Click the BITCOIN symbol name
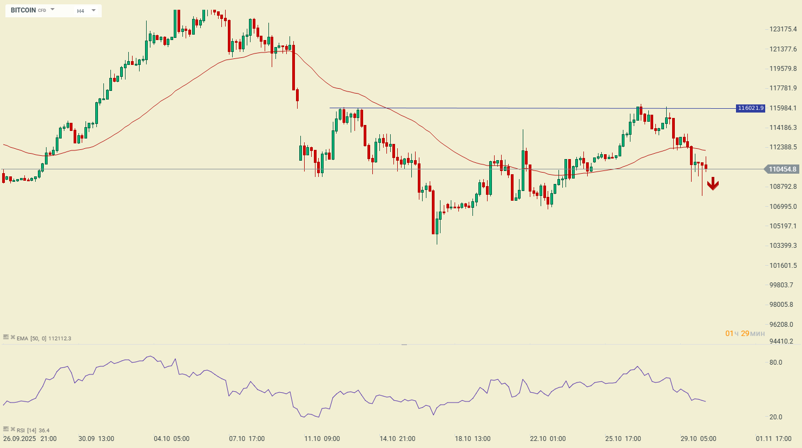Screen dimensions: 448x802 pos(23,10)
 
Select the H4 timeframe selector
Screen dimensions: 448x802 pos(81,11)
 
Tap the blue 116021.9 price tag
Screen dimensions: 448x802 pos(751,108)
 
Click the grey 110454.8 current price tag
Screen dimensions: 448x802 pos(783,169)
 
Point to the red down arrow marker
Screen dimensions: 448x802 pos(713,184)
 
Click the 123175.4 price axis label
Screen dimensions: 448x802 pos(783,29)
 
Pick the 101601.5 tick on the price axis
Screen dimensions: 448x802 pos(783,266)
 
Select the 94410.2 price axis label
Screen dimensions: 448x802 pos(781,341)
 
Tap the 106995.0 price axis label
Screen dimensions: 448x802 pos(783,207)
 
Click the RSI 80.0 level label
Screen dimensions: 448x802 pos(775,363)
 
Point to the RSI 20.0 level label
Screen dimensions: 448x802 pos(775,417)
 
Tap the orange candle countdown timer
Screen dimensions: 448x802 pos(745,333)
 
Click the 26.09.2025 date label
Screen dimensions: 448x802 pos(19,439)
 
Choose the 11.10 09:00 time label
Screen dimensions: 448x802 pos(322,439)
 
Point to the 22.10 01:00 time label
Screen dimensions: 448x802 pos(548,439)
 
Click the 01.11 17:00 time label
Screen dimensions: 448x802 pos(774,439)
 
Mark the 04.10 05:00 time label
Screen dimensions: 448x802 pos(172,439)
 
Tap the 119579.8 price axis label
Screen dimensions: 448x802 pos(783,69)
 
